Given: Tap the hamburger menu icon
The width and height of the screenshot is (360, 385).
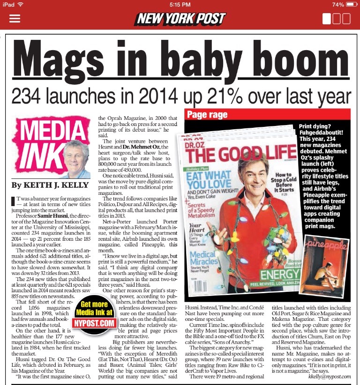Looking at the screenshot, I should (15, 19).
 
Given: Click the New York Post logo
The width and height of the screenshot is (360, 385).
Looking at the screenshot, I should (180, 19).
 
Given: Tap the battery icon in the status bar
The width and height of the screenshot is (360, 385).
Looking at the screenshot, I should (351, 4).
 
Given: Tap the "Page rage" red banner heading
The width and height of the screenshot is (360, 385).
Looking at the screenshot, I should (208, 115).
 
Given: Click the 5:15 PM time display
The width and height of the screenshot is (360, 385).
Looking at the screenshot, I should (180, 4).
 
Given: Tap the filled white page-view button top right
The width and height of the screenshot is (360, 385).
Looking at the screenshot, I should (327, 19).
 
